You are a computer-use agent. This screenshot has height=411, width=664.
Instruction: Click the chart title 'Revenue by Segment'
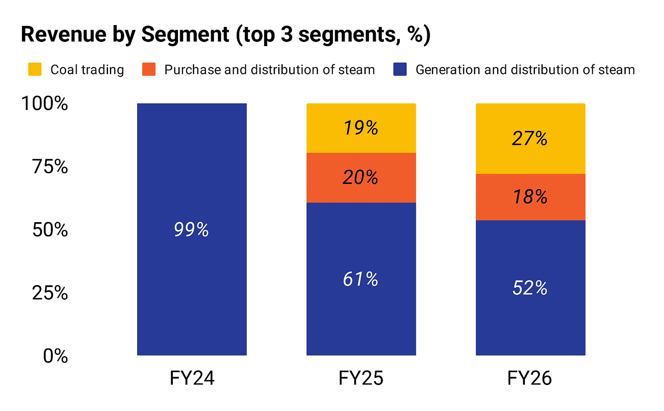125,35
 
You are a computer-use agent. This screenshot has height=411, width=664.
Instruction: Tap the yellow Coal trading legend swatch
35,69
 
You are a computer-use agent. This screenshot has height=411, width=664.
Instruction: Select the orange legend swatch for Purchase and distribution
149,69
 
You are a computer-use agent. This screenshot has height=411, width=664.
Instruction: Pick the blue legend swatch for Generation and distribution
400,69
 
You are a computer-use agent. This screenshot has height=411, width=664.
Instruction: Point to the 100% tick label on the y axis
45,104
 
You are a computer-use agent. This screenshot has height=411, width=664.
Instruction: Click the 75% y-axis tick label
50,166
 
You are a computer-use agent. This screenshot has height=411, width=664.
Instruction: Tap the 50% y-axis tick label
50,229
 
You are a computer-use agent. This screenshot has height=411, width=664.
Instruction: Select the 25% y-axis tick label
50,293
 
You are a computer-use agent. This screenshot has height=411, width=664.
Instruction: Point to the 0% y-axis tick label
56,355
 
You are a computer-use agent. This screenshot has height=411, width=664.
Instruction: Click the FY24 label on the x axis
192,378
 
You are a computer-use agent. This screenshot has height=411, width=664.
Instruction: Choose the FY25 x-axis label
361,378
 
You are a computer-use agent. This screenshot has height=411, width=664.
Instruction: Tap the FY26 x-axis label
530,378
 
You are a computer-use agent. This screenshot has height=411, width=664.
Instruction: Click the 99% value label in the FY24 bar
191,229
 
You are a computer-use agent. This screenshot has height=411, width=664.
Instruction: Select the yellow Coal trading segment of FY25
361,128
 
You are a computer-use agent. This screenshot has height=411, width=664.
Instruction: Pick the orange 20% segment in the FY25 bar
361,178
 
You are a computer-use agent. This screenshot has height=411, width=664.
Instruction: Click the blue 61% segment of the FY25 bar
361,279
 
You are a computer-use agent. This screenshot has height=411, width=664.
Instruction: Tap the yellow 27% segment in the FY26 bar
531,139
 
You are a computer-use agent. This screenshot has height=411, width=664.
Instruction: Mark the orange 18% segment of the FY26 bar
531,197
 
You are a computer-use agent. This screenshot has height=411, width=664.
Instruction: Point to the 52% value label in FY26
530,288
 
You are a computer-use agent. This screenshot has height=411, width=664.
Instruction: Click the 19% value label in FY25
361,128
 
